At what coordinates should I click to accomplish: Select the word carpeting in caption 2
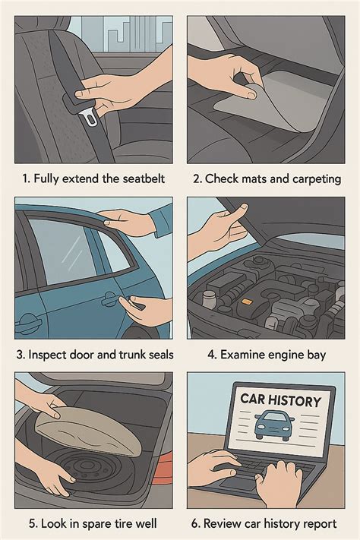(317, 179)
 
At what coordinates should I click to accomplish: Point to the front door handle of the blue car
(28, 323)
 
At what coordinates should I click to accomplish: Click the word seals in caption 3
(161, 355)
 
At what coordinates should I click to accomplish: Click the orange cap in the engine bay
(247, 302)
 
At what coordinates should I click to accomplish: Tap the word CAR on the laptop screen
(252, 399)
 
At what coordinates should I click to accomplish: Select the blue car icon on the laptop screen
(275, 425)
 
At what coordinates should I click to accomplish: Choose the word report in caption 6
(318, 524)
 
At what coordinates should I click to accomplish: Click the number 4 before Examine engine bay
(211, 355)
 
